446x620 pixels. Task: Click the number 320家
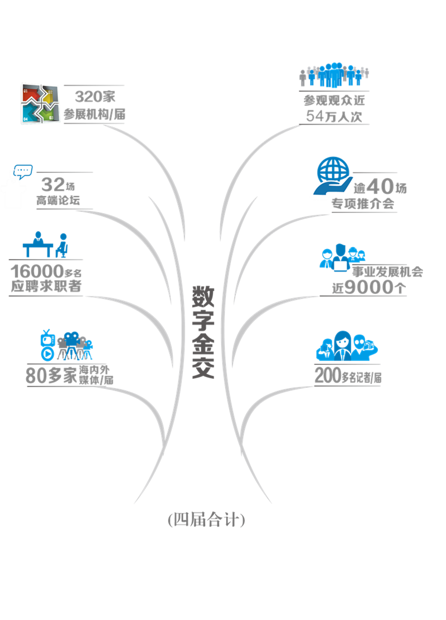95,96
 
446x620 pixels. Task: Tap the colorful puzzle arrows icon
40,104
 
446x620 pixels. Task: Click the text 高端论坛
58,200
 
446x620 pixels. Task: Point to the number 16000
37,271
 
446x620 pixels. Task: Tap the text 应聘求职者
46,286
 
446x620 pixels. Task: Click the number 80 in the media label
36,375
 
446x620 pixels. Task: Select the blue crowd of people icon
334,75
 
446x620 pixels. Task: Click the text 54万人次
334,116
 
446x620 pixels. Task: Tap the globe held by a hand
333,176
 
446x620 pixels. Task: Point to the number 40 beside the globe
380,186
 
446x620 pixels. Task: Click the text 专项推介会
363,204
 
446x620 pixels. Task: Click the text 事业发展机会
387,272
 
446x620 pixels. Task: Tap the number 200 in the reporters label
328,375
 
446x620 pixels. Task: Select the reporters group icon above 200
347,346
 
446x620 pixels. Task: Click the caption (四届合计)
206,519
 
